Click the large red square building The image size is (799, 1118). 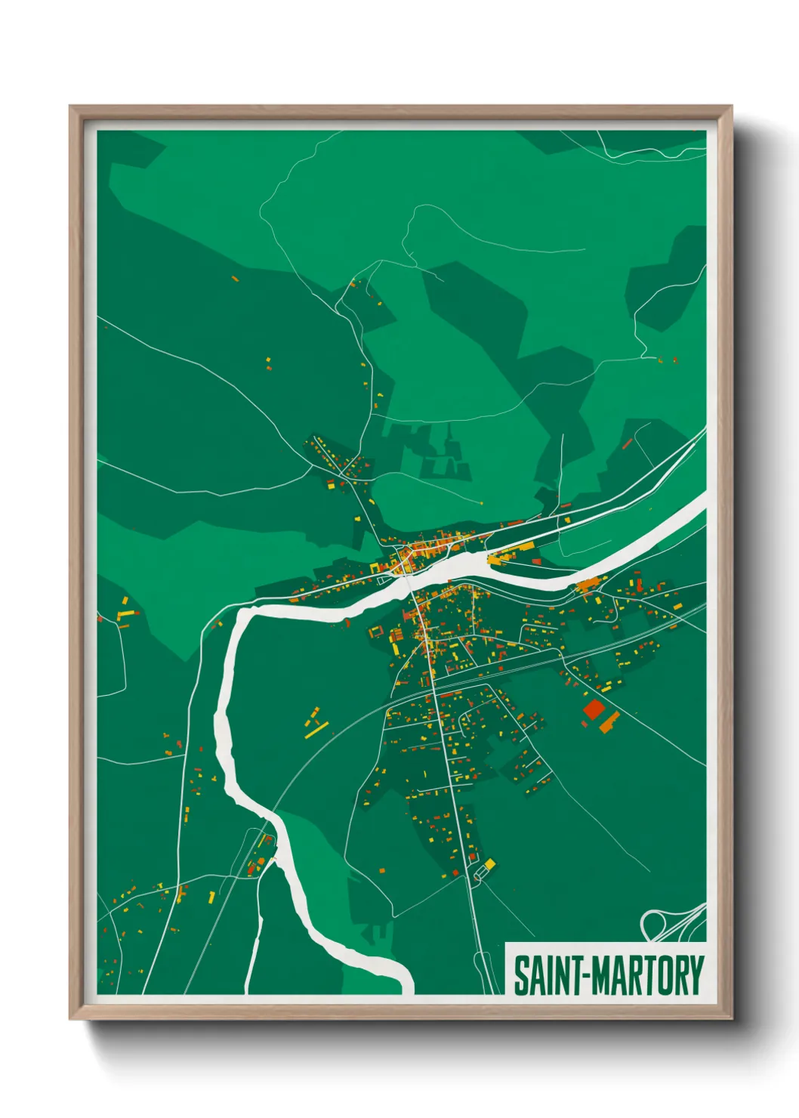point(594,709)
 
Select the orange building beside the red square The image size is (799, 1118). point(609,722)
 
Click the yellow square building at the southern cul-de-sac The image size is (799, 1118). point(489,863)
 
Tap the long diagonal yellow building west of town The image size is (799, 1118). point(317,729)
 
